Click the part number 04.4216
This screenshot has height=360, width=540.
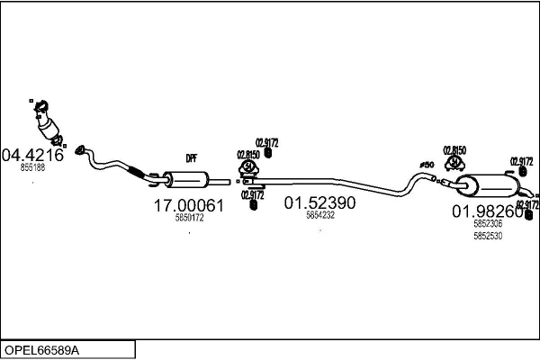pyautogui.click(x=32, y=154)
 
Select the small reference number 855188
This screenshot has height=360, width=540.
pyautogui.click(x=32, y=167)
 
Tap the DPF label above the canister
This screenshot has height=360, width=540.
pyautogui.click(x=191, y=158)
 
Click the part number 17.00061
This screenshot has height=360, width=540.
pyautogui.click(x=187, y=206)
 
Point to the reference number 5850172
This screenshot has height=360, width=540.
pyautogui.click(x=189, y=218)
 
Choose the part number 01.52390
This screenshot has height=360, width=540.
pyautogui.click(x=320, y=203)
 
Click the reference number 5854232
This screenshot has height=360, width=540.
pyautogui.click(x=320, y=215)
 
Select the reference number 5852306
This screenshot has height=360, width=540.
pyautogui.click(x=488, y=224)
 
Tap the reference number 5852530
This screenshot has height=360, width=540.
pyautogui.click(x=488, y=236)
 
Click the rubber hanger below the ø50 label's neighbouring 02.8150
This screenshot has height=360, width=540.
pyautogui.click(x=454, y=165)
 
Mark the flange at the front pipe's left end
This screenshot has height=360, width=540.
pyautogui.click(x=80, y=148)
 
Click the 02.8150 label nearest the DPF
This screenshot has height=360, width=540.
pyautogui.click(x=247, y=154)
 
